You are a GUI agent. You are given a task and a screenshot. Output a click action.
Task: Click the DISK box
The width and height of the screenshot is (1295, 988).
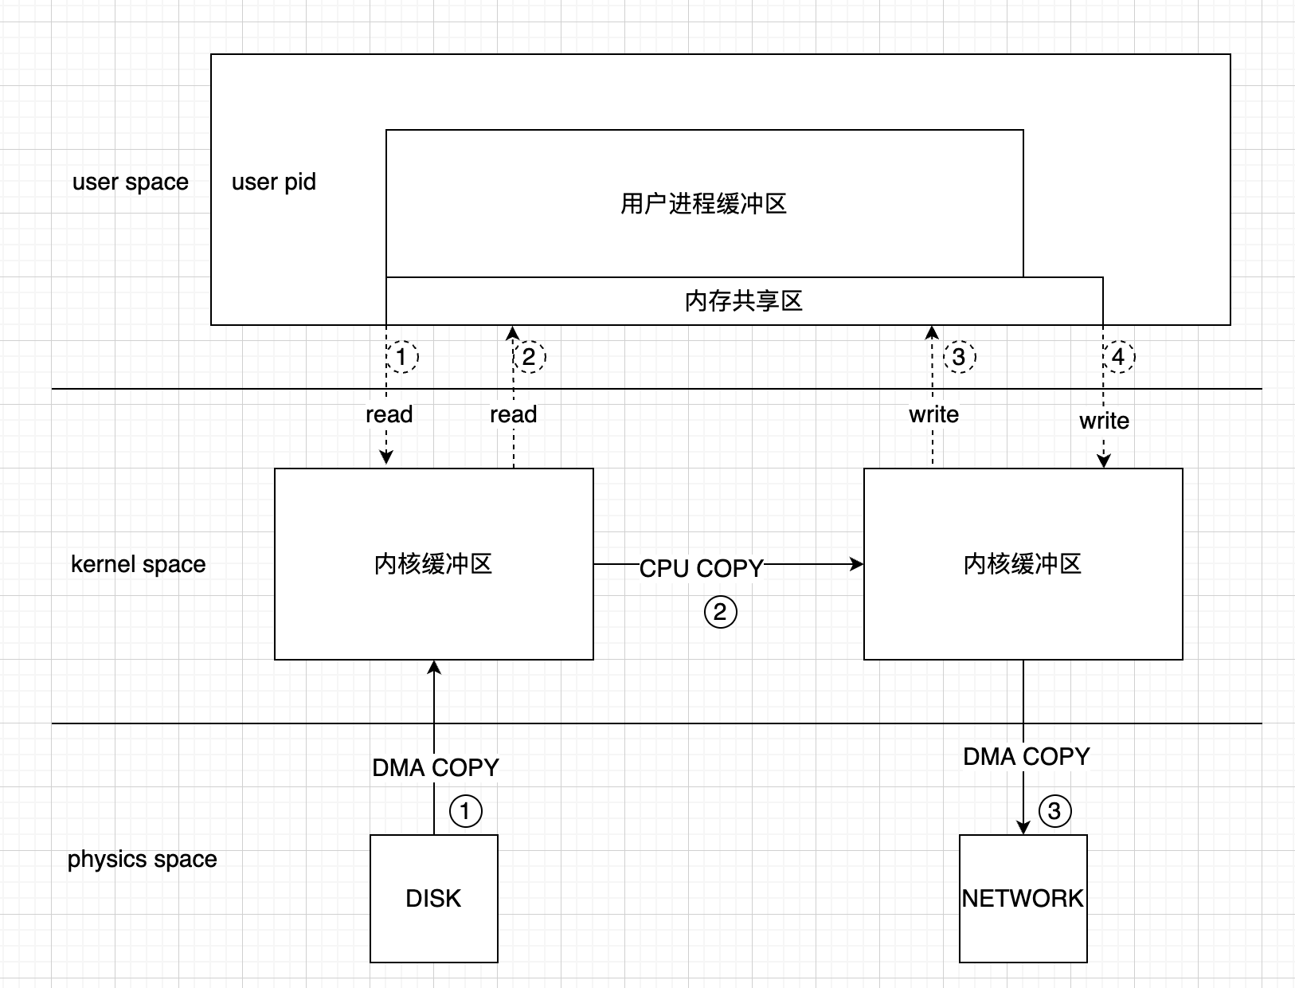coord(434,898)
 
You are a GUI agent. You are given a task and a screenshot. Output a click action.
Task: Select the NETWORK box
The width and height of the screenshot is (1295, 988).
coord(1023,898)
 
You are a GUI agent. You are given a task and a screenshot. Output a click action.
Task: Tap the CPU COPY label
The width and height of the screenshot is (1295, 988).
coord(701,568)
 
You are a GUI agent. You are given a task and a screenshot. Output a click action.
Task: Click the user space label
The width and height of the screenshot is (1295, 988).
coord(131,182)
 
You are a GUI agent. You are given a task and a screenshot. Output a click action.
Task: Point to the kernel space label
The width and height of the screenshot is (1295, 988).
coord(139,564)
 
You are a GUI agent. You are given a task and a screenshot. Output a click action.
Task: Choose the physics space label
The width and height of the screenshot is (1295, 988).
coord(143,859)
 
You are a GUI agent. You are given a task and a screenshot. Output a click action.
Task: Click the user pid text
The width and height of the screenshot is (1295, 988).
coord(274,182)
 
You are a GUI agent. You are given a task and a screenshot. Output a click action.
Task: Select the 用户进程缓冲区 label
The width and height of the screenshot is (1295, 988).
coord(704,204)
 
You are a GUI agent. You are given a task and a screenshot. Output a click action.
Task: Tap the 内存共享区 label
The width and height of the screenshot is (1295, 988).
coord(744,301)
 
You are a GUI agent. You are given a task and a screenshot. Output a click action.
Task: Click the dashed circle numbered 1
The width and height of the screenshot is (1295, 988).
coord(402,356)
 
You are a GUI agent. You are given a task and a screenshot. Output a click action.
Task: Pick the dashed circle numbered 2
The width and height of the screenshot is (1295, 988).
coord(530,356)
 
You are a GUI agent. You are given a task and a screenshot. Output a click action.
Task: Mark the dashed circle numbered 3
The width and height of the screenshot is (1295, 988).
coord(959,356)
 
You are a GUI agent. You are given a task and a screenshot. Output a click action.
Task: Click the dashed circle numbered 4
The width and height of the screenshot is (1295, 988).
coord(1118,356)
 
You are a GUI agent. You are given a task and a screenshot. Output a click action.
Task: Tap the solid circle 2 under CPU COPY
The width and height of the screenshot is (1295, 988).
coord(721,612)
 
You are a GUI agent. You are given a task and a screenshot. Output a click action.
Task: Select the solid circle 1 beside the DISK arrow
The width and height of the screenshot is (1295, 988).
coord(466,811)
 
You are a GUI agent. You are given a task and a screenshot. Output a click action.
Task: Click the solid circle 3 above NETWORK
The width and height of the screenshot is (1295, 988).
coord(1054,811)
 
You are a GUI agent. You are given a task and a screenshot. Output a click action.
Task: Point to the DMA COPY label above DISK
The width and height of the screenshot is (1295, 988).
coord(436,767)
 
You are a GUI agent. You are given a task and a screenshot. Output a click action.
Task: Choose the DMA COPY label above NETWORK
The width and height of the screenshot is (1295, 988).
coord(1027,756)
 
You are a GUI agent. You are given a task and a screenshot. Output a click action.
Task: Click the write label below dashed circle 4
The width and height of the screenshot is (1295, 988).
coord(1104,421)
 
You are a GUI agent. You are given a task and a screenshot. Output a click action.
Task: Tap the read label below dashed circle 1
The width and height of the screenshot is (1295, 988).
coord(389,414)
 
